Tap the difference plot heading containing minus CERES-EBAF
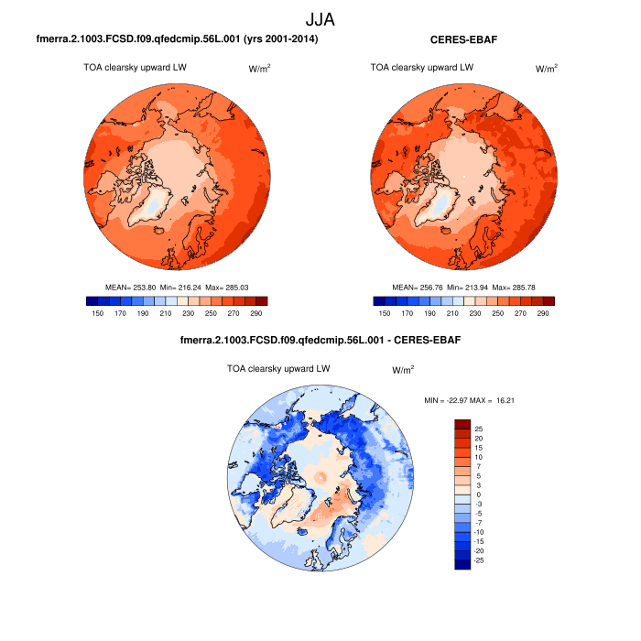(x=320, y=341)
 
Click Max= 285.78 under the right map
(x=519, y=288)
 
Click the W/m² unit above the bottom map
(x=403, y=370)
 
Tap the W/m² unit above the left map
(x=261, y=69)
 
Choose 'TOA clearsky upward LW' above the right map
(x=422, y=67)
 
